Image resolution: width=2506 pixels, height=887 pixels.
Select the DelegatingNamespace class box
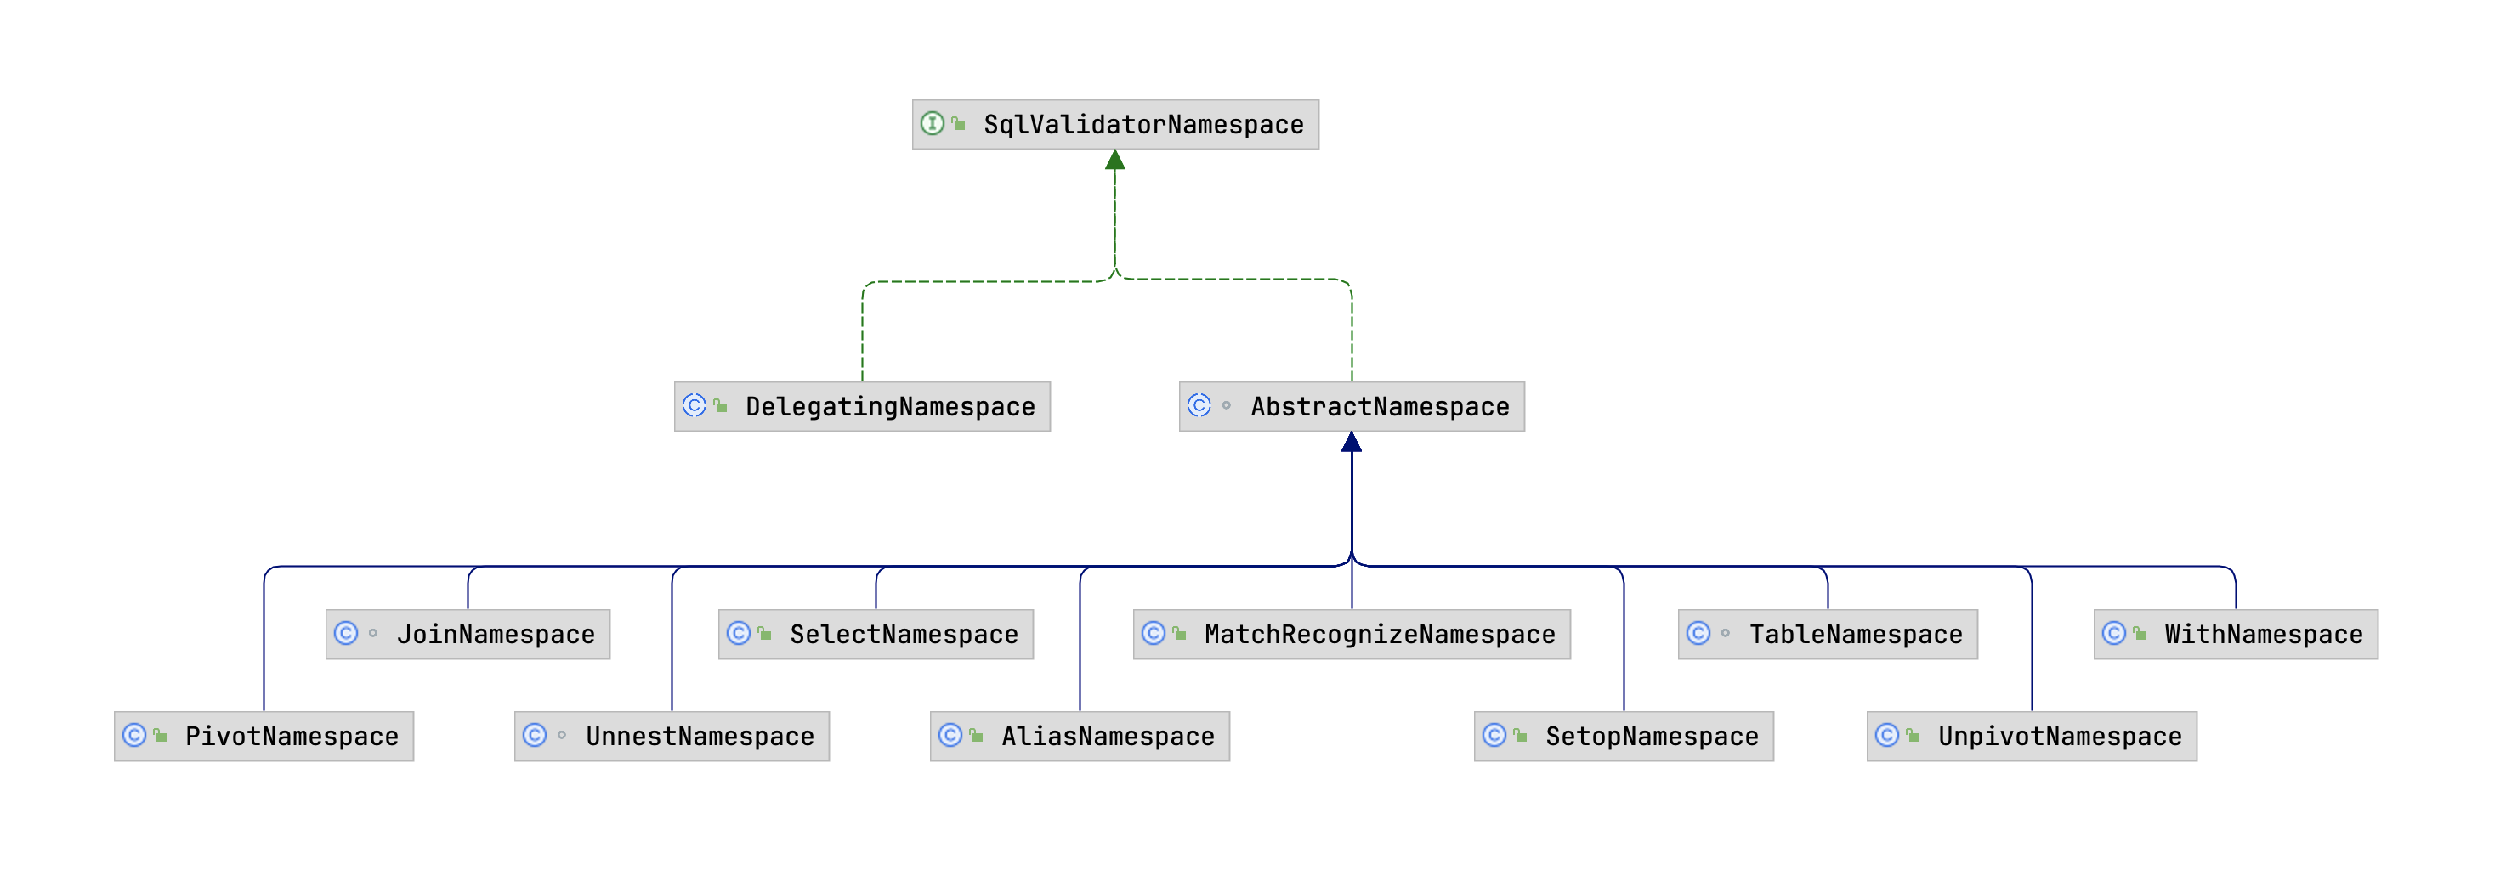862,406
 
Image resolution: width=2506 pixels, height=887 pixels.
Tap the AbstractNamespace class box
1352,406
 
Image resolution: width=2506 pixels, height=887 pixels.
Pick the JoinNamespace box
468,634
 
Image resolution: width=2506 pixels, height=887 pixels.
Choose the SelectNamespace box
876,634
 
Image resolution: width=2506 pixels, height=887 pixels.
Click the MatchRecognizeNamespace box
1352,634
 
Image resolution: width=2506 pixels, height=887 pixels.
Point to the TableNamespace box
1827,634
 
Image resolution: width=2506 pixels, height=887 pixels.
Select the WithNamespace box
2236,634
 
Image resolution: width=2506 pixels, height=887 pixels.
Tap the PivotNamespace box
264,737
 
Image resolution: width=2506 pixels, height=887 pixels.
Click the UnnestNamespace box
672,737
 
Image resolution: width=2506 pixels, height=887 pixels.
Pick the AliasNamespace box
1080,737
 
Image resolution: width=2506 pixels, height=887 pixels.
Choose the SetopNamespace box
1624,737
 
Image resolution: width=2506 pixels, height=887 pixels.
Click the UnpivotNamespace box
2032,737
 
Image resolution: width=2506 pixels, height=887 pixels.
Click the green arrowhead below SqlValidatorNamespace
1114,161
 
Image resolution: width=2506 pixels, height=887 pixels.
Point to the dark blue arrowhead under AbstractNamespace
1352,443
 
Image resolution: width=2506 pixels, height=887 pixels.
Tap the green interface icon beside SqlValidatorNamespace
932,123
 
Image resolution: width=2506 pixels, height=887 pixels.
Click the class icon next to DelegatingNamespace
694,405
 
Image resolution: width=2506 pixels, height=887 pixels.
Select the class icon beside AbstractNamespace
1199,405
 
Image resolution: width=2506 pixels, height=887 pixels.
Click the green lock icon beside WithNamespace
2140,634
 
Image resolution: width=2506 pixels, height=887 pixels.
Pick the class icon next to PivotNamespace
134,735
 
